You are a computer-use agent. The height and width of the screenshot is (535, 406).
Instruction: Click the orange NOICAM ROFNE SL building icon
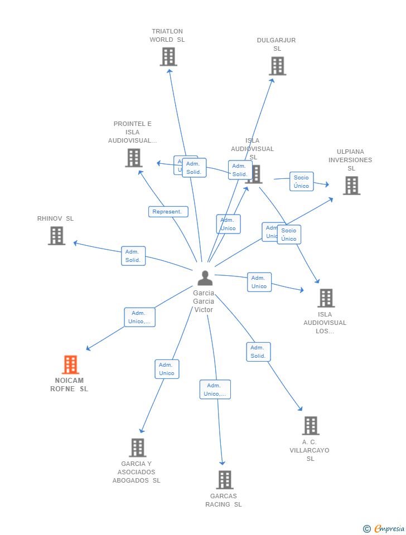pos(70,365)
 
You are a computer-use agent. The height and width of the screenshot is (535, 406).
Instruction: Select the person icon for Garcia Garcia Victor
pos(205,278)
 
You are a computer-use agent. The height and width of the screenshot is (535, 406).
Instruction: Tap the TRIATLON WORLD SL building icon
pos(168,57)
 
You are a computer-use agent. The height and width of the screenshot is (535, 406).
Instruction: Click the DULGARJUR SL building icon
pos(277,66)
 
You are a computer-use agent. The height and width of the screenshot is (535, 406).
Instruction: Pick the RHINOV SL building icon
pos(56,236)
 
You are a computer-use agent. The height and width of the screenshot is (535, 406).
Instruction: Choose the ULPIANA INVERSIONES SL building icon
pos(351,186)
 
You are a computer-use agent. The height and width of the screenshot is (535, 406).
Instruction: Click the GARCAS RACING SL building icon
pos(225,479)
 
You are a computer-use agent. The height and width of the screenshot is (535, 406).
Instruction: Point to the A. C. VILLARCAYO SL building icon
pos(311,426)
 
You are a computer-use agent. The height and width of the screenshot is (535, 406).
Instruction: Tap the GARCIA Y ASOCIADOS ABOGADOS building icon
pos(137,448)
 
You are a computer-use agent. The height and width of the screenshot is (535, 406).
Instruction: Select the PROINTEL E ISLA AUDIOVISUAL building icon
pos(134,158)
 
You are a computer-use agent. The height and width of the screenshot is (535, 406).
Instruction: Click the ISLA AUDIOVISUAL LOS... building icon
pos(326,298)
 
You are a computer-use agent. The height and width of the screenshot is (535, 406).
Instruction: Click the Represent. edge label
pos(168,212)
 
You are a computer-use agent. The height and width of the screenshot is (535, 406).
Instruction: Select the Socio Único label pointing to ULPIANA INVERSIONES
pos(301,182)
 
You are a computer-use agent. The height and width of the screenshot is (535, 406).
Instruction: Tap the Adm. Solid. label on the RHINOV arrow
pos(133,256)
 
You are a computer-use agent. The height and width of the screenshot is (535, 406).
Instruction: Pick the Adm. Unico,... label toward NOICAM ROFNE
pos(139,317)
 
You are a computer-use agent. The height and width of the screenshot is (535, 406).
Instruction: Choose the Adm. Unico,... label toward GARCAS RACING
pos(215,390)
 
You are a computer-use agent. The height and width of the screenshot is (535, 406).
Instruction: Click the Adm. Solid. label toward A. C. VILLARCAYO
pos(258,352)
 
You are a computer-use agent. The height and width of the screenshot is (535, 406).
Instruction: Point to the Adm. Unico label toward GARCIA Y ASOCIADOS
pos(167,369)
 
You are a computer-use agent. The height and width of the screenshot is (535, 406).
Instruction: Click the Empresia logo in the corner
pos(384,528)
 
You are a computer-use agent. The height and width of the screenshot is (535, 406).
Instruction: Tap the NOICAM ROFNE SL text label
pos(69,385)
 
